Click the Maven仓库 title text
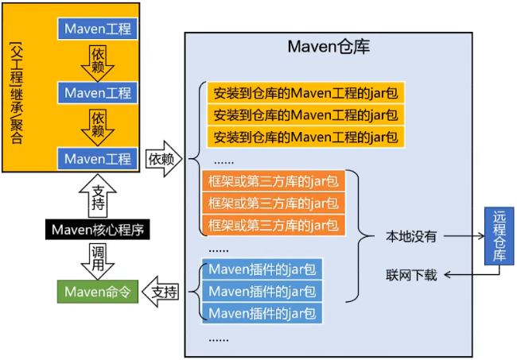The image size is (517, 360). (328, 47)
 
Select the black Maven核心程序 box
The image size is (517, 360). (98, 230)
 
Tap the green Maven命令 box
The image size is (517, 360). (98, 292)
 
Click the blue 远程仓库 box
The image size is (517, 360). (500, 237)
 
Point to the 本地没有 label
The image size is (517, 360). (410, 237)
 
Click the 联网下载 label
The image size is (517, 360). (410, 275)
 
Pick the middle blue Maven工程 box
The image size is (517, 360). (98, 93)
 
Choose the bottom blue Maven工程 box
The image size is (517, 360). (98, 158)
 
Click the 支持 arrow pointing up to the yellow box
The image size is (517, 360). (98, 194)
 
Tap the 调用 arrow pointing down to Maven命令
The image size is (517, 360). (98, 261)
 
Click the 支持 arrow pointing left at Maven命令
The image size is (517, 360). (162, 292)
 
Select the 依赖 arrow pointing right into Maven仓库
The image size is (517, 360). (163, 158)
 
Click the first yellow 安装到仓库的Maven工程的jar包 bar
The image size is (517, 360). (305, 92)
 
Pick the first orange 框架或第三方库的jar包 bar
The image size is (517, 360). (274, 181)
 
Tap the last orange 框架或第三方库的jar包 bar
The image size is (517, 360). (274, 225)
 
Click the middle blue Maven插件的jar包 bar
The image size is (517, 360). (262, 291)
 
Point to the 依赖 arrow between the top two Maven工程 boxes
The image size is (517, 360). (98, 60)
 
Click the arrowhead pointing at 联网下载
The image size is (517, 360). (449, 275)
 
